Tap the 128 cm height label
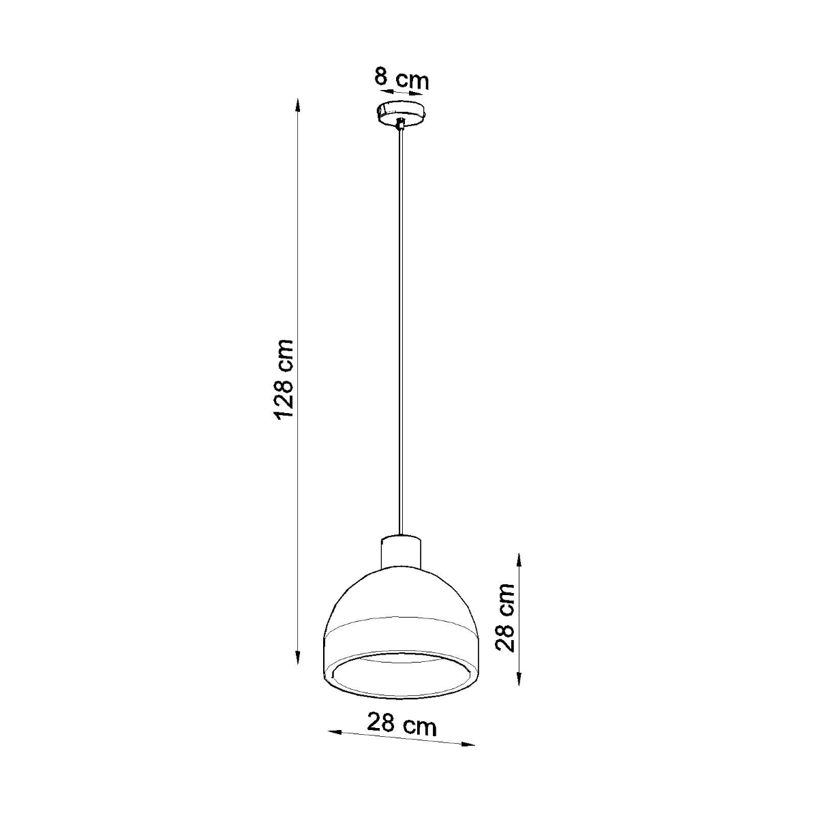[285, 380]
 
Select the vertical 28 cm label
[505, 618]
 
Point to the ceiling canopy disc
[402, 112]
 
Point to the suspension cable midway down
[402, 327]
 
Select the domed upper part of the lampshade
[402, 593]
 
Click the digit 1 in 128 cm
[285, 412]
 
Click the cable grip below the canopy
[402, 124]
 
